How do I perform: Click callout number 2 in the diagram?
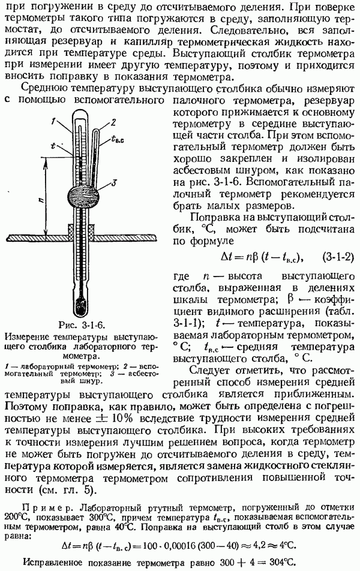click(x=113, y=122)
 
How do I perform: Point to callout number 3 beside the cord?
click(x=113, y=183)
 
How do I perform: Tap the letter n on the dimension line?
click(x=41, y=200)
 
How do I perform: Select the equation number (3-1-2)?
click(x=338, y=257)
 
